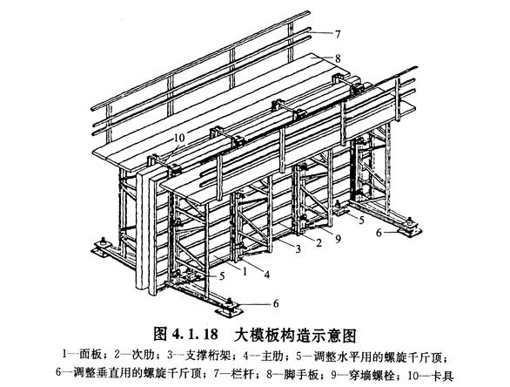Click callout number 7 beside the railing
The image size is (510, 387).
(338, 34)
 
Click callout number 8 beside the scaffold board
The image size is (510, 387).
(338, 58)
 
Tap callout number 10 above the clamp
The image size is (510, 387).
(179, 138)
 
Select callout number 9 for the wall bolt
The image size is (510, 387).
(338, 240)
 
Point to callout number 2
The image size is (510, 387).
(319, 242)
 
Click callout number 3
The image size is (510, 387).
(298, 249)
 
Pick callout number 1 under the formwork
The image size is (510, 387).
(245, 271)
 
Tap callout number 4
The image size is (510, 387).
(266, 275)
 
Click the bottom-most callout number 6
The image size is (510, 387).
(276, 304)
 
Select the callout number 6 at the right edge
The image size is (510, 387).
(379, 234)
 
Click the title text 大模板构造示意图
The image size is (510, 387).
(295, 335)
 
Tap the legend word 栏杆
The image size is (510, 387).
(243, 375)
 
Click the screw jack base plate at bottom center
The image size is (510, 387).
(229, 307)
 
